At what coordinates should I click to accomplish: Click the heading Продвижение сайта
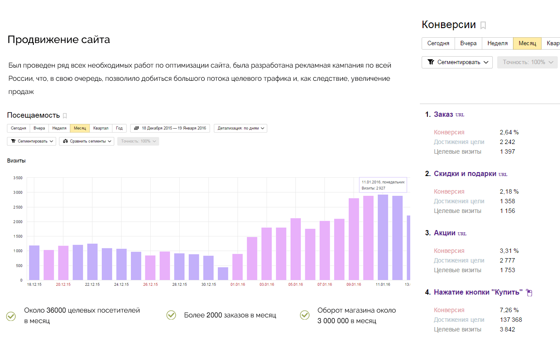pyautogui.click(x=59, y=40)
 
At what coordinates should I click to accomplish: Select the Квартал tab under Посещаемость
pyautogui.click(x=101, y=128)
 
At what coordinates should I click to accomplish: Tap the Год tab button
pyautogui.click(x=119, y=128)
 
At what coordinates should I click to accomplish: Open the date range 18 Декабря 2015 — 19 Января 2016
pyautogui.click(x=170, y=128)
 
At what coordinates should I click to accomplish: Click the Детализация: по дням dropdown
pyautogui.click(x=241, y=128)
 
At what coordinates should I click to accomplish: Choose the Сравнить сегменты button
pyautogui.click(x=87, y=141)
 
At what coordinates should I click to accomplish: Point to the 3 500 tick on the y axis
pyautogui.click(x=18, y=178)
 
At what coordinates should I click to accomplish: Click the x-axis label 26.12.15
pyautogui.click(x=151, y=284)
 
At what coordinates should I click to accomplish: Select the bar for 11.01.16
pyautogui.click(x=383, y=238)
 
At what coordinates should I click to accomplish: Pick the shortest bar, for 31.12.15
pyautogui.click(x=223, y=274)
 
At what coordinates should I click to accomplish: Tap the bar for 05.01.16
pyautogui.click(x=296, y=249)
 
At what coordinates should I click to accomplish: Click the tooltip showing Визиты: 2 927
pyautogui.click(x=383, y=185)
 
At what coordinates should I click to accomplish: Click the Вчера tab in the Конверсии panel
pyautogui.click(x=468, y=43)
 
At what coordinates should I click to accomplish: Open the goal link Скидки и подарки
pyautogui.click(x=465, y=173)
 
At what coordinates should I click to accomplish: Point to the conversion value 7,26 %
pyautogui.click(x=509, y=310)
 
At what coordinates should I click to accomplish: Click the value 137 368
pyautogui.click(x=511, y=320)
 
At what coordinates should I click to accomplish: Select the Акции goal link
pyautogui.click(x=444, y=233)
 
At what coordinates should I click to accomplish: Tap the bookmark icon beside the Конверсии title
pyautogui.click(x=483, y=25)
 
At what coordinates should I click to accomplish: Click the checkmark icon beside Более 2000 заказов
pyautogui.click(x=171, y=315)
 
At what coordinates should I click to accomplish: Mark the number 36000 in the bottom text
pyautogui.click(x=56, y=310)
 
